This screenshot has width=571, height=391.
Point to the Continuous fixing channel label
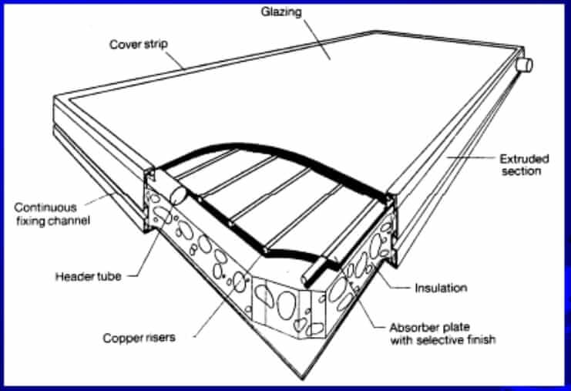(x=48, y=213)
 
